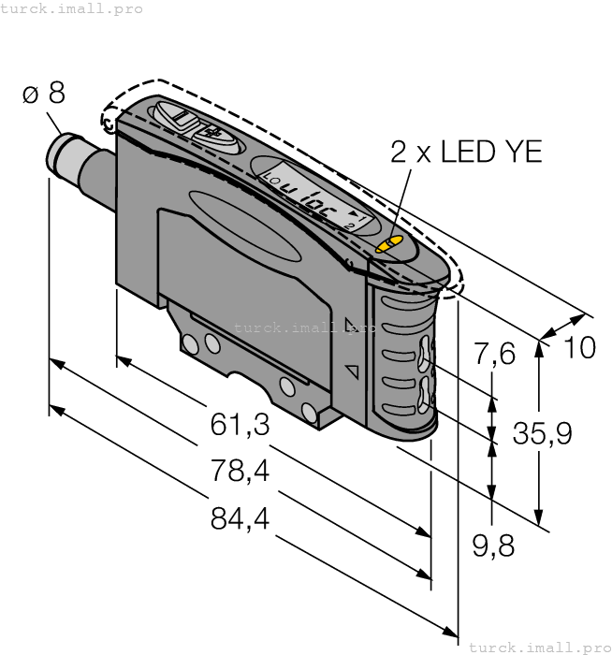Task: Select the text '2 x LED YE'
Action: click(x=466, y=152)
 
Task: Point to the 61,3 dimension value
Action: click(x=240, y=425)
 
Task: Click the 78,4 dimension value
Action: click(x=240, y=471)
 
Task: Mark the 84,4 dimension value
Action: click(x=240, y=517)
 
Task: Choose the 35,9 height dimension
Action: click(x=543, y=432)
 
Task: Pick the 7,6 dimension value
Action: click(x=495, y=355)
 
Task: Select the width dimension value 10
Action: click(x=580, y=348)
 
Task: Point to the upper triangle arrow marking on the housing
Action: click(x=351, y=326)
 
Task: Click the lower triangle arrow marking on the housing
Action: click(x=353, y=371)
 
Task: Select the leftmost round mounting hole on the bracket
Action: click(x=192, y=344)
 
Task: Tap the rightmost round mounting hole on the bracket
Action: click(x=309, y=411)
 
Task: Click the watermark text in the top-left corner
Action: click(x=72, y=8)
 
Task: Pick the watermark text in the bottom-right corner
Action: click(x=538, y=647)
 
